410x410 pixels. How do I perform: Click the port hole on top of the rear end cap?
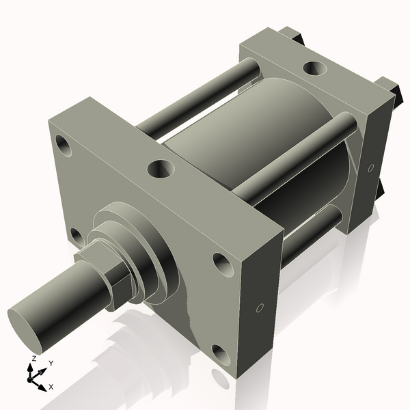(x=314, y=68)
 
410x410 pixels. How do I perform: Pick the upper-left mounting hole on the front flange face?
(x=65, y=146)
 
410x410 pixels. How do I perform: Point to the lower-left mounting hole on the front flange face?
(x=77, y=236)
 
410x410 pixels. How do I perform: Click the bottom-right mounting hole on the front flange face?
(x=220, y=353)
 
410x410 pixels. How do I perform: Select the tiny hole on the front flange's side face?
(x=259, y=308)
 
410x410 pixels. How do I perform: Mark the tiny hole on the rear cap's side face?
(x=370, y=167)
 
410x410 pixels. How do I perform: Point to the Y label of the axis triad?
(x=51, y=364)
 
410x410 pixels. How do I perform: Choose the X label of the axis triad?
(x=51, y=387)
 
